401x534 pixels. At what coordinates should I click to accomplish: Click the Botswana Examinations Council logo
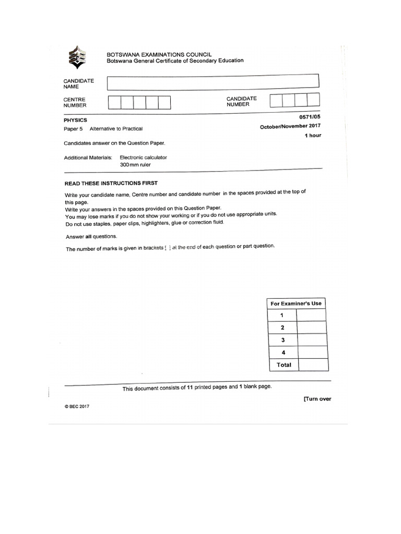pyautogui.click(x=77, y=57)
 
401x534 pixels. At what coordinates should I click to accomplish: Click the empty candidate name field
pyautogui.click(x=213, y=82)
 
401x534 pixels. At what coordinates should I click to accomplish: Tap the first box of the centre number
pyautogui.click(x=114, y=103)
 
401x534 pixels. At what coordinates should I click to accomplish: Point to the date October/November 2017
pyautogui.click(x=290, y=127)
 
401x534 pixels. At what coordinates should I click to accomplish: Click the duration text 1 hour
pyautogui.click(x=313, y=136)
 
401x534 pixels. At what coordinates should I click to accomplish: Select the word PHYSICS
pyautogui.click(x=75, y=120)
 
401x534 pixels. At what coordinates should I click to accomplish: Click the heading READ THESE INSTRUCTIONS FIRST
pyautogui.click(x=110, y=183)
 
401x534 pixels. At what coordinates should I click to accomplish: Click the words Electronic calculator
pyautogui.click(x=144, y=157)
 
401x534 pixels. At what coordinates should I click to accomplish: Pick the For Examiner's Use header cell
pyautogui.click(x=296, y=304)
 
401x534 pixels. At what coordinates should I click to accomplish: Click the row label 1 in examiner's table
pyautogui.click(x=282, y=315)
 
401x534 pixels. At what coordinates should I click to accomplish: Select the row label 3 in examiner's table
pyautogui.click(x=282, y=340)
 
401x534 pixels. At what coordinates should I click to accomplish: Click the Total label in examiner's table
pyautogui.click(x=284, y=365)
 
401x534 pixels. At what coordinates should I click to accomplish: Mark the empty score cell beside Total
pyautogui.click(x=313, y=365)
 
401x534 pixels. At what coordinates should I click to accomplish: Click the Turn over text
pyautogui.click(x=317, y=399)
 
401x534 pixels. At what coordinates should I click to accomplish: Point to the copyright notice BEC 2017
pyautogui.click(x=77, y=407)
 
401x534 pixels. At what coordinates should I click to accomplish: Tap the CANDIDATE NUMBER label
pyautogui.click(x=242, y=101)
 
